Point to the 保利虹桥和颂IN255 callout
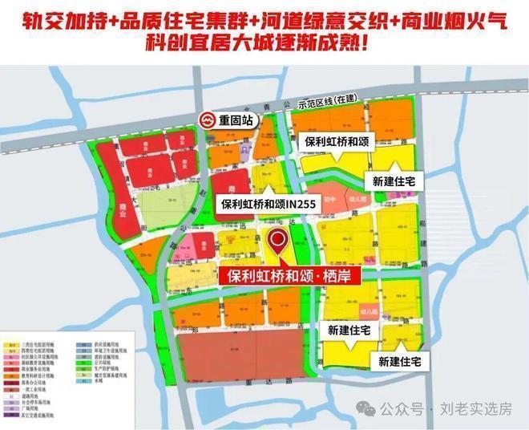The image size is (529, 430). pyautogui.click(x=269, y=205)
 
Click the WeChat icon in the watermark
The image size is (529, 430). pyautogui.click(x=366, y=409)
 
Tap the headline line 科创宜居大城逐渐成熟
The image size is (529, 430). pyautogui.click(x=264, y=42)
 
